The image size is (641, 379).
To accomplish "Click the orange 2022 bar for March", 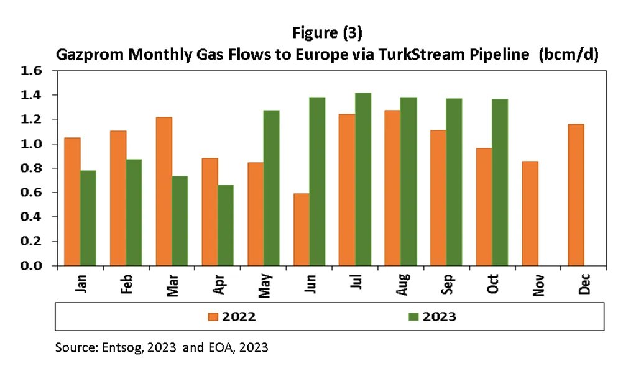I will pos(164,191).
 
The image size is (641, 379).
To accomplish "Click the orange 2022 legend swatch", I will pos(214,316).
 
